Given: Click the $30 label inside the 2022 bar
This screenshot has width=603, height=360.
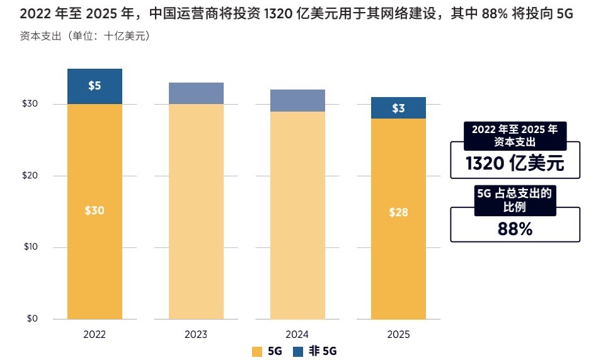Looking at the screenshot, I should (x=94, y=211).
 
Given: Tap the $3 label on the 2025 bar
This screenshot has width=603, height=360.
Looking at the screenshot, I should (x=398, y=108).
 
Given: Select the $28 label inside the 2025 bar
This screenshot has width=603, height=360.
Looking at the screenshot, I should (x=398, y=212).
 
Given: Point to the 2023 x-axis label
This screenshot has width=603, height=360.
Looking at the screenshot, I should (x=196, y=334).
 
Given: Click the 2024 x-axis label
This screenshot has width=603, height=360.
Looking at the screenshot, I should (x=297, y=334).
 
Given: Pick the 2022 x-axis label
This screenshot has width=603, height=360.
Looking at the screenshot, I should (x=94, y=334).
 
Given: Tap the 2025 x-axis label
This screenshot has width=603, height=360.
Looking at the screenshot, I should (x=398, y=334).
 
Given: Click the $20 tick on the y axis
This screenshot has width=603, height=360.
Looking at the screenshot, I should (x=30, y=175).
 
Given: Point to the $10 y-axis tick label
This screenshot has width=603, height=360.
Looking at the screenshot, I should (x=30, y=247).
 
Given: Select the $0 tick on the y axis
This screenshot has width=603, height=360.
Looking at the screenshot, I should (x=32, y=319).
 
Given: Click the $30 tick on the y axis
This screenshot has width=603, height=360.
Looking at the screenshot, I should (x=30, y=104).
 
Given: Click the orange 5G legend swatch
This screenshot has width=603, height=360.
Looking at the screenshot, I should (x=256, y=351).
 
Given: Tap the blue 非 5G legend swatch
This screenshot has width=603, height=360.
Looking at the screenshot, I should (x=298, y=351).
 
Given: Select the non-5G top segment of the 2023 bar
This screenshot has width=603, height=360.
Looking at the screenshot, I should (x=196, y=93).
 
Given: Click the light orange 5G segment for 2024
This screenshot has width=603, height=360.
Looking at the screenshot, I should (x=297, y=214).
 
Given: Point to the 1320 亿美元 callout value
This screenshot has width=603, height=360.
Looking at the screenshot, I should (x=514, y=164).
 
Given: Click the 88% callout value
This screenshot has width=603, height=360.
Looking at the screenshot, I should (x=514, y=229).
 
